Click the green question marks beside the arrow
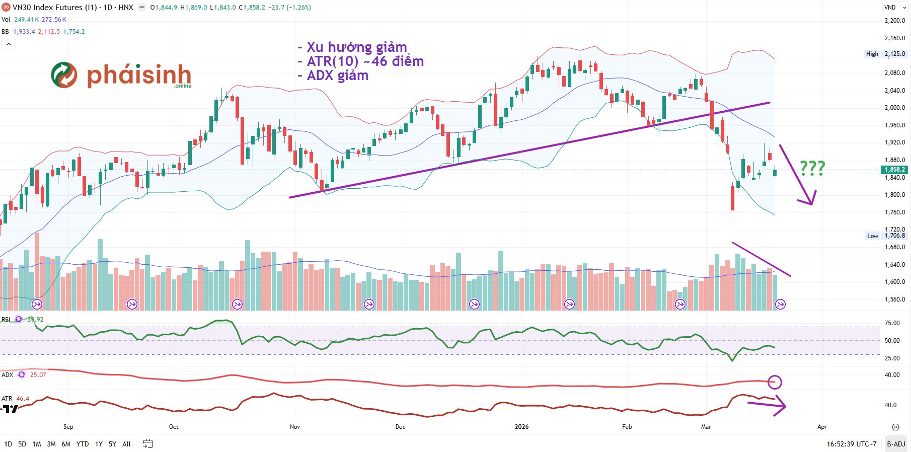(812, 168)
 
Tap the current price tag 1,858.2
(894, 170)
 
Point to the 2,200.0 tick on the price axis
(894, 21)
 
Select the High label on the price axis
(872, 54)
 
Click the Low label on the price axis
(872, 236)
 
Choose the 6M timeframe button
(66, 444)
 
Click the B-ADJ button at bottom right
(896, 444)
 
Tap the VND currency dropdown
(894, 8)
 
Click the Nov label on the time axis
(295, 427)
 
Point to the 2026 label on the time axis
(521, 427)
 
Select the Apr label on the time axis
(822, 427)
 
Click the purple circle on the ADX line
(775, 382)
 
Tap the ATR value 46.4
(23, 399)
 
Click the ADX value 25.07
(38, 375)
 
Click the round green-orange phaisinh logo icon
(64, 75)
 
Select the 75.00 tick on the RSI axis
(892, 323)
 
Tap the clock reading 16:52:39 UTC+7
(851, 444)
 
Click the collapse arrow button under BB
(9, 44)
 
